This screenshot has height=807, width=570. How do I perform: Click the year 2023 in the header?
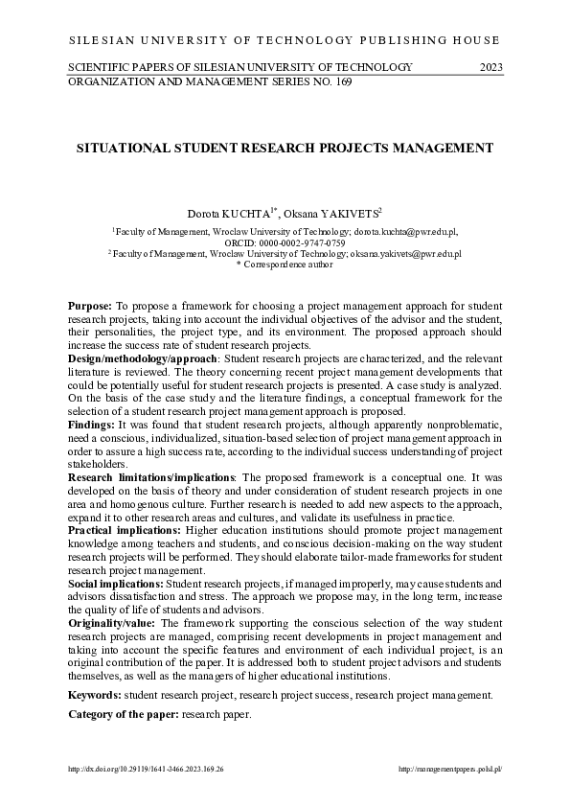pyautogui.click(x=490, y=67)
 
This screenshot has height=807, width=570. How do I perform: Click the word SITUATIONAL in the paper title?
pyautogui.click(x=125, y=149)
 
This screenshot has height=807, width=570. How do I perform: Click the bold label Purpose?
pyautogui.click(x=90, y=305)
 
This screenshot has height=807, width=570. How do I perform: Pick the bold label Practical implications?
pyautogui.click(x=124, y=529)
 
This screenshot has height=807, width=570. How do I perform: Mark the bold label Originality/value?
pyautogui.click(x=107, y=622)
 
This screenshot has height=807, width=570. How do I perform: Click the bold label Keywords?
pyautogui.click(x=94, y=694)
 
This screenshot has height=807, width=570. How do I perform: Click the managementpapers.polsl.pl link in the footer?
pyautogui.click(x=449, y=770)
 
